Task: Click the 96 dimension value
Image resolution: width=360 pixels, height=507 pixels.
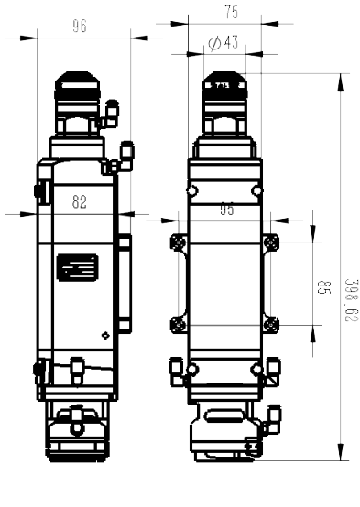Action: tap(80, 27)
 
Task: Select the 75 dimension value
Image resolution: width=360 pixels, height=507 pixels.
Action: tap(232, 12)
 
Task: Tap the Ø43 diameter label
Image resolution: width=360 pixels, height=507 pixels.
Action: tap(224, 42)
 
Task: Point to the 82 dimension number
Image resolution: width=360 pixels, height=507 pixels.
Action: tap(80, 202)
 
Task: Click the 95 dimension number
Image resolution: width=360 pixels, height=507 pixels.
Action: tap(226, 210)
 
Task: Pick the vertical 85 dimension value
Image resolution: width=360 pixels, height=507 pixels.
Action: tap(323, 287)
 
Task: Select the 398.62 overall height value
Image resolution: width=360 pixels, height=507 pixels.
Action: tap(352, 300)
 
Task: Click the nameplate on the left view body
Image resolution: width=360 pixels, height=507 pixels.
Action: tap(77, 267)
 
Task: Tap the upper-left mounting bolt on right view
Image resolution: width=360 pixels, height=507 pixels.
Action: tap(179, 243)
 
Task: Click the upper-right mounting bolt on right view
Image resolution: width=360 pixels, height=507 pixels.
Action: tap(271, 243)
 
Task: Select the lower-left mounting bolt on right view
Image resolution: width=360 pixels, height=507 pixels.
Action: tap(179, 324)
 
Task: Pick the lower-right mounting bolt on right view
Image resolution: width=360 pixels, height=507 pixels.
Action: tap(271, 324)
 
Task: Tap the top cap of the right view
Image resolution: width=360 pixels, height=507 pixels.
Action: tap(224, 86)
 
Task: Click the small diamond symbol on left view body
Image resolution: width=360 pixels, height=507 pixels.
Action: tap(105, 335)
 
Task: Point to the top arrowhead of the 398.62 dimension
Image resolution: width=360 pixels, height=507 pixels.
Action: tap(340, 82)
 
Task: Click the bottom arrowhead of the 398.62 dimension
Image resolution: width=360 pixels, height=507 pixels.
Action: tap(340, 452)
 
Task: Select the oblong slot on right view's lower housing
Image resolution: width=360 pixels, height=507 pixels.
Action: tap(224, 415)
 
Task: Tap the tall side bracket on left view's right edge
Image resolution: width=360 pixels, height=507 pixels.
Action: tap(125, 284)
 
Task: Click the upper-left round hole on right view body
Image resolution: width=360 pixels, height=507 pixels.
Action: tap(192, 190)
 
